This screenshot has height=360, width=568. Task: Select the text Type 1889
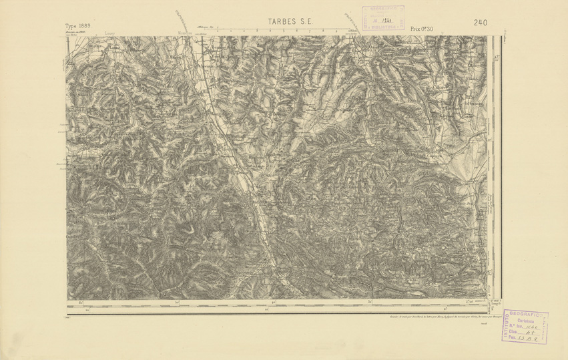click(x=78, y=25)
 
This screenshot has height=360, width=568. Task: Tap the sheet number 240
click(x=480, y=23)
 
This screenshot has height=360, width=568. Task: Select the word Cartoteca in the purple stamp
click(x=522, y=321)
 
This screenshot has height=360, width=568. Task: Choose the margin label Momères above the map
click(x=186, y=31)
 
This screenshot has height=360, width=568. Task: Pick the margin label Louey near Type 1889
click(x=109, y=31)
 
